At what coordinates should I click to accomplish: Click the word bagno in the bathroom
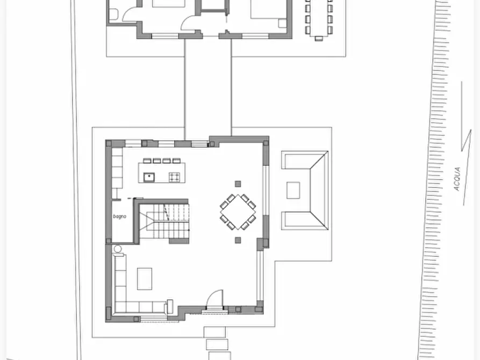(x=119, y=217)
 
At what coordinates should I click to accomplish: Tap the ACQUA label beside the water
(x=457, y=179)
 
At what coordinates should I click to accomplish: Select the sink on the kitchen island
(x=149, y=177)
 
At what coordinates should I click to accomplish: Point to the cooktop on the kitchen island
(x=175, y=177)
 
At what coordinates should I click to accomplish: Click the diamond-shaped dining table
(x=238, y=212)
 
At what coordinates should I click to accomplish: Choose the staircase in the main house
(x=164, y=221)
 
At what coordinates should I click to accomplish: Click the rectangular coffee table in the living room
(x=145, y=279)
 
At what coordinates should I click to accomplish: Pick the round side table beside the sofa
(x=118, y=249)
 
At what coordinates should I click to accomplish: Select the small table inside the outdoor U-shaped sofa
(x=293, y=190)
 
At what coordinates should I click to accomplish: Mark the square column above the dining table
(x=238, y=184)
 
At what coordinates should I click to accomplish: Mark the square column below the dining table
(x=238, y=240)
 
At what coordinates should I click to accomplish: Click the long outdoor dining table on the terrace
(x=319, y=18)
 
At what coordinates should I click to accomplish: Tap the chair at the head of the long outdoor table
(x=319, y=39)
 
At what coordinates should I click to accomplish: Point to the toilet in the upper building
(x=113, y=14)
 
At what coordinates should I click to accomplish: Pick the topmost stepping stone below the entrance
(x=214, y=332)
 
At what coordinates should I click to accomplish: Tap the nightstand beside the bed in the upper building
(x=282, y=23)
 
